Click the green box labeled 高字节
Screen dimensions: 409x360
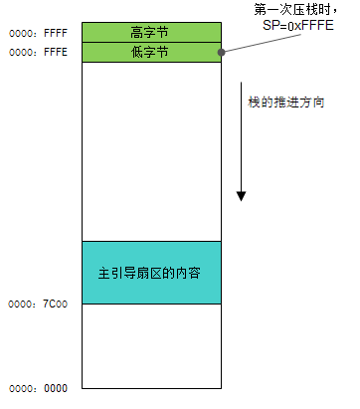coord(150,33)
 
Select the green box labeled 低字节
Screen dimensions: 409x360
coord(150,53)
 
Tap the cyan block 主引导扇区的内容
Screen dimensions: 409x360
coord(150,272)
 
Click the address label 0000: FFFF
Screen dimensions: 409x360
coord(39,32)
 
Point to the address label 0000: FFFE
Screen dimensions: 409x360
coord(39,54)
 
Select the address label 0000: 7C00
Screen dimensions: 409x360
coord(39,303)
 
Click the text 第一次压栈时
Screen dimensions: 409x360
coord(294,11)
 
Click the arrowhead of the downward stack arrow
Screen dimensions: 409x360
coord(241,194)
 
